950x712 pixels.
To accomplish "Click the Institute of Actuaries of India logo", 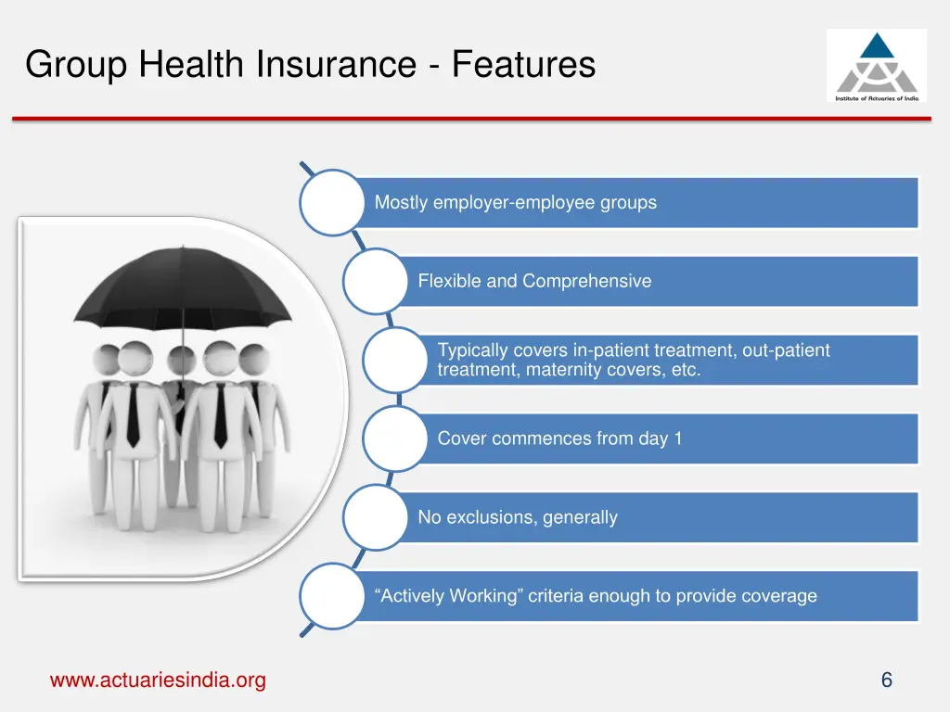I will [x=876, y=65].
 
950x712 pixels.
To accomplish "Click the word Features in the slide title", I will [x=524, y=65].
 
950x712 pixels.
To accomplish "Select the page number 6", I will [x=886, y=680].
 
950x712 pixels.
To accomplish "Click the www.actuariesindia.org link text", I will [x=158, y=680].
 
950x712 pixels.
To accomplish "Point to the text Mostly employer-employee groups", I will [x=515, y=202].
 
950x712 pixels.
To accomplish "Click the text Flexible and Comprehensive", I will [x=534, y=281].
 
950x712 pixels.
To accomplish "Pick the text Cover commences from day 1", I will [x=559, y=439].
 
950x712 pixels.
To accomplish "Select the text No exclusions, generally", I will [x=517, y=517].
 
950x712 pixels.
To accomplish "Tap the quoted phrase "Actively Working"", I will [x=448, y=596].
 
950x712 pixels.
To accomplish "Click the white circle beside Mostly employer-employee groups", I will [x=332, y=202].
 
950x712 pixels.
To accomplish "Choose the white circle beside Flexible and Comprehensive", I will [x=375, y=281].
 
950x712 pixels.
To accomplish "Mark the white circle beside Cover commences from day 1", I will [x=394, y=439].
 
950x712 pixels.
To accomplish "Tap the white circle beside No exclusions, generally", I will [x=375, y=517].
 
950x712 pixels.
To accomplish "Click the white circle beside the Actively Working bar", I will [x=332, y=596].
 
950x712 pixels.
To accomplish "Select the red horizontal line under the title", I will [x=471, y=119].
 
